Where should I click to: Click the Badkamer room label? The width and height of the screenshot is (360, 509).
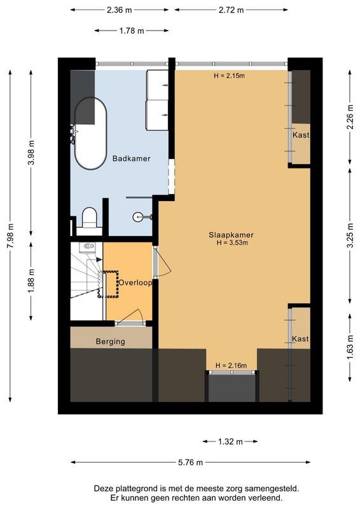pyautogui.click(x=131, y=158)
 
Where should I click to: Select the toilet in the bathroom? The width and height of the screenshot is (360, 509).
pyautogui.click(x=89, y=218)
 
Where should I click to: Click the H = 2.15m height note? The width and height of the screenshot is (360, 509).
pyautogui.click(x=230, y=76)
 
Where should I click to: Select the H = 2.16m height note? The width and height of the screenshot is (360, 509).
pyautogui.click(x=231, y=365)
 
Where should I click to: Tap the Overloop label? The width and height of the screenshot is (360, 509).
pyautogui.click(x=135, y=282)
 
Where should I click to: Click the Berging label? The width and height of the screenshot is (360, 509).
pyautogui.click(x=110, y=342)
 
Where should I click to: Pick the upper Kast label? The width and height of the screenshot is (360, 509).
pyautogui.click(x=301, y=136)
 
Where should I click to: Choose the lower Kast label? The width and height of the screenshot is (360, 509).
pyautogui.click(x=300, y=339)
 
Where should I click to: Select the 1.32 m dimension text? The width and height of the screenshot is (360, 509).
pyautogui.click(x=231, y=441)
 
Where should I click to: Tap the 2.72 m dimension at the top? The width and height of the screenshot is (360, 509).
pyautogui.click(x=232, y=10)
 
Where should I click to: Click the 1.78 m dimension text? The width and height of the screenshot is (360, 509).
pyautogui.click(x=131, y=31)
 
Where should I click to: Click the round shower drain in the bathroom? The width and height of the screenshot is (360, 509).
pyautogui.click(x=138, y=217)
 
